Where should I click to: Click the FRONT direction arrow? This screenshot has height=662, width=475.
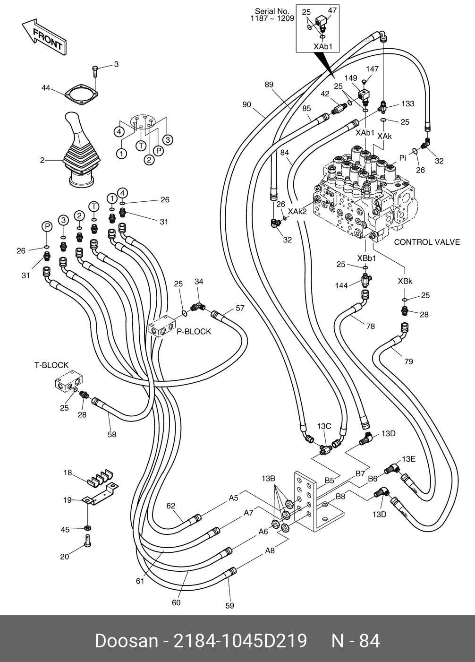pyautogui.click(x=43, y=38)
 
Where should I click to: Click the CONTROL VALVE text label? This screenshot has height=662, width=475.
pyautogui.click(x=426, y=242)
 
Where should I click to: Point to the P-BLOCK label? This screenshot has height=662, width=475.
pyautogui.click(x=194, y=332)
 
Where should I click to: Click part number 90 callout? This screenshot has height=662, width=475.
pyautogui.click(x=246, y=104)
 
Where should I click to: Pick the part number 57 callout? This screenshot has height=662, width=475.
pyautogui.click(x=240, y=309)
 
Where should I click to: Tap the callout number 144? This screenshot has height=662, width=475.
pyautogui.click(x=341, y=285)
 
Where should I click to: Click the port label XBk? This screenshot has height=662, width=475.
pyautogui.click(x=405, y=281)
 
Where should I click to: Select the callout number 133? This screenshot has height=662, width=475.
pyautogui.click(x=408, y=103)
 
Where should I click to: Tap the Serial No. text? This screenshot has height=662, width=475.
pyautogui.click(x=272, y=15)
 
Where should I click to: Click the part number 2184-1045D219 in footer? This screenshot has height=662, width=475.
pyautogui.click(x=241, y=641)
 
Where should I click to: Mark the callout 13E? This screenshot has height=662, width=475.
pyautogui.click(x=408, y=459)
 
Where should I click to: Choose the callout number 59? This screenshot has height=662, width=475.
pyautogui.click(x=230, y=605)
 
